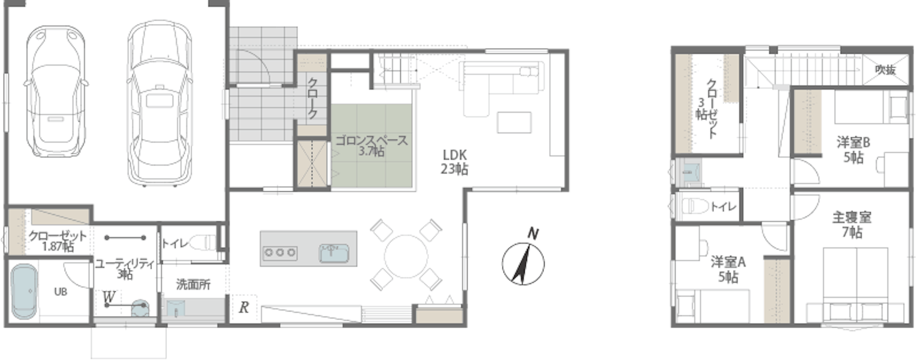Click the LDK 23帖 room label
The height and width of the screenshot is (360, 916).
click(455, 162)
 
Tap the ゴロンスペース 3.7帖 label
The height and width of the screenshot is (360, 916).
click(372, 146)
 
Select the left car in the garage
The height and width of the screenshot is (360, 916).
click(56, 91)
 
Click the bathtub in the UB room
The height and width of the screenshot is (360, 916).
click(24, 291)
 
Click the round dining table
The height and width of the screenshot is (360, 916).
click(406, 256)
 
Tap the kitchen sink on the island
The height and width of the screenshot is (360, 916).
click(334, 253)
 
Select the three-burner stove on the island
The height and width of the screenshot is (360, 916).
click(280, 253)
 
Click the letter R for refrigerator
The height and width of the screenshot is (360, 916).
click(244, 308)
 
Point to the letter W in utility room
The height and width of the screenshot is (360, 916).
click(109, 297)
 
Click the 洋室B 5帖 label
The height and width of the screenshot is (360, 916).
click(853, 150)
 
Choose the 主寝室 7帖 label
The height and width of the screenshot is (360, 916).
click(852, 224)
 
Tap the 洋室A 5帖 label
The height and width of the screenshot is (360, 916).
click(728, 269)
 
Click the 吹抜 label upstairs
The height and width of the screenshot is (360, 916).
click(885, 70)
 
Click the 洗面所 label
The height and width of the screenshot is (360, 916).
click(193, 284)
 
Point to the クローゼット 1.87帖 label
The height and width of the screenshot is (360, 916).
click(57, 241)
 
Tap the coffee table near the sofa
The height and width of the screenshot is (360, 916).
click(514, 123)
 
